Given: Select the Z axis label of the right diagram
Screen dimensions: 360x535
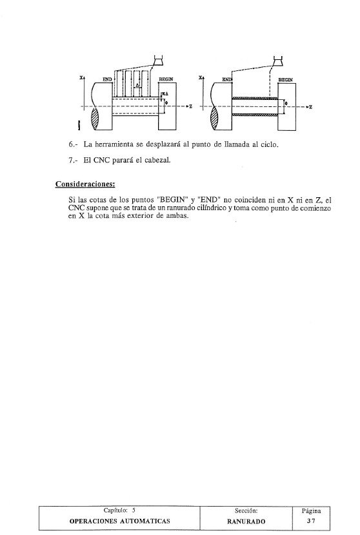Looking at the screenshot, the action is tap(310, 107).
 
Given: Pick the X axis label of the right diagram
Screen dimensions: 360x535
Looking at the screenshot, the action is tap(201, 77).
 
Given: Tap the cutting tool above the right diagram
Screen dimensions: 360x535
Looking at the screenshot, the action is tap(277, 62).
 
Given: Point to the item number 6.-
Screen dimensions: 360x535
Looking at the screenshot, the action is tap(73, 144).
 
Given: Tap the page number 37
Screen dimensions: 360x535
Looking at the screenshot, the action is tap(312, 518).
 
